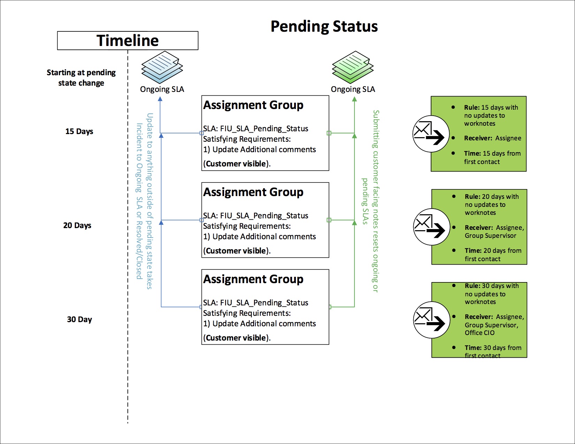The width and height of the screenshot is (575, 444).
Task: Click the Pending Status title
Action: click(324, 26)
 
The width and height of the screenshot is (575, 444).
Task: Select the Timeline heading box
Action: click(128, 41)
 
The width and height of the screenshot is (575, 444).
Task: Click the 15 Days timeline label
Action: click(79, 131)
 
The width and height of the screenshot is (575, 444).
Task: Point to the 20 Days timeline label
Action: click(77, 225)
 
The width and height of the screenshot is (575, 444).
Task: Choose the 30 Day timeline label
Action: click(79, 319)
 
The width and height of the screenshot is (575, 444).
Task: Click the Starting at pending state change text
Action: click(81, 78)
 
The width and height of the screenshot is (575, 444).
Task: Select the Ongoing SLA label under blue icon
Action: click(162, 89)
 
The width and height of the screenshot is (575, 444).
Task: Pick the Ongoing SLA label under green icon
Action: click(353, 89)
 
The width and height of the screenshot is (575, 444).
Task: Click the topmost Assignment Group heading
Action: click(253, 105)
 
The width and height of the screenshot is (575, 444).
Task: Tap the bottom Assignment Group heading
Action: click(253, 279)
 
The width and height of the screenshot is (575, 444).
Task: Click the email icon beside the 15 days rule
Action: click(430, 134)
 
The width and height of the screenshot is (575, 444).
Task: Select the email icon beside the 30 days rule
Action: click(431, 320)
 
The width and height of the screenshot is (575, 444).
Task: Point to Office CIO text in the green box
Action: click(480, 333)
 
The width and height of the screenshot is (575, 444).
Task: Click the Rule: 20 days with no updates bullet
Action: click(491, 204)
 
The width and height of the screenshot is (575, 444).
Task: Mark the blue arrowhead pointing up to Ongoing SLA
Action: click(160, 99)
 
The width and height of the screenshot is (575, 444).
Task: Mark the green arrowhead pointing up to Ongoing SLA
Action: click(354, 99)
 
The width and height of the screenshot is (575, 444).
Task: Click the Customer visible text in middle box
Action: click(236, 251)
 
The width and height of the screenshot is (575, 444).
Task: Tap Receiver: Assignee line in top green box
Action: click(492, 138)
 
